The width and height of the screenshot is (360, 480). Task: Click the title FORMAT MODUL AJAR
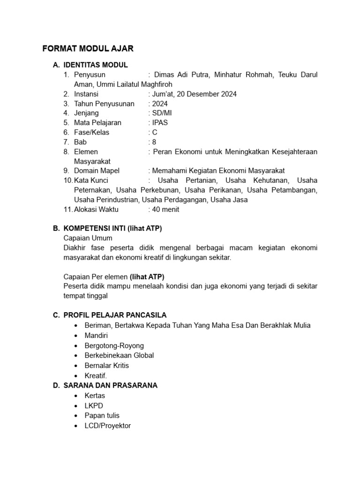click(88, 48)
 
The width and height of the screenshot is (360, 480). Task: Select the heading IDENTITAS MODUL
click(96, 65)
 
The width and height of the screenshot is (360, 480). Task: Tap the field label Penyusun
click(90, 75)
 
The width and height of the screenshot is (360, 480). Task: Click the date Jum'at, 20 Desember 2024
click(194, 94)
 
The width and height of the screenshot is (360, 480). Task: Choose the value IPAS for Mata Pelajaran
click(159, 123)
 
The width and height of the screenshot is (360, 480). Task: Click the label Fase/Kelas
click(91, 132)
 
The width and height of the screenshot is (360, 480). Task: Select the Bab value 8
click(154, 142)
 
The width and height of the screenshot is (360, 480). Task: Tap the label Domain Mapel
click(97, 171)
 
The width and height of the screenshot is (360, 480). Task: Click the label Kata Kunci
click(91, 180)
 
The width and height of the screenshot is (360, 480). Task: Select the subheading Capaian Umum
click(88, 238)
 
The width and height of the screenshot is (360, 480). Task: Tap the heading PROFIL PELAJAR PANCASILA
click(115, 315)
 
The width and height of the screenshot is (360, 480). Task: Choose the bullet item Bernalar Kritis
click(106, 365)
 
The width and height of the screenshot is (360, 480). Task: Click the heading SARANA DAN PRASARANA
click(110, 385)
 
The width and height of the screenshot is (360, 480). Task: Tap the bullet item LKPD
click(94, 405)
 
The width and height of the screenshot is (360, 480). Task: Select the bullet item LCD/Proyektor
click(108, 426)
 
